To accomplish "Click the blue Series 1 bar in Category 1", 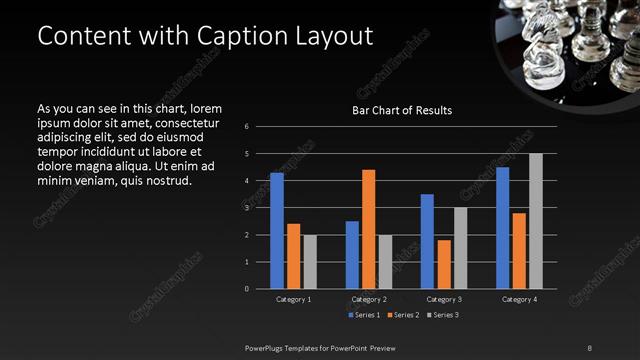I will (277, 231).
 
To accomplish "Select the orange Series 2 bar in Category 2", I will (368, 229).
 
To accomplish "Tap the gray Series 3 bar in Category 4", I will (536, 221).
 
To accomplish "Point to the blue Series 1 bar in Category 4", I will (503, 228).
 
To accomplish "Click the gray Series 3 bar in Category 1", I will (309, 262).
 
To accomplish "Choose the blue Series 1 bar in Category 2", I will (352, 255).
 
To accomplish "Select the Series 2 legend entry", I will (402, 315).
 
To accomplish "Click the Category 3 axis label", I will (443, 299).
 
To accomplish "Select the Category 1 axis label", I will (293, 299).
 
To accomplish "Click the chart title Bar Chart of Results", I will (402, 109).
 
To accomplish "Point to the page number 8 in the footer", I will (589, 347).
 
